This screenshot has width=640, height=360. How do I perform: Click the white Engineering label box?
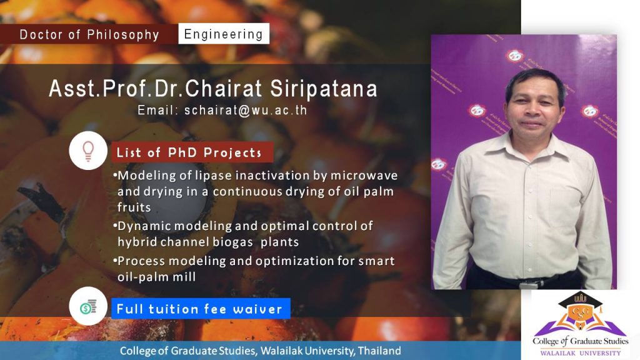pyautogui.click(x=224, y=34)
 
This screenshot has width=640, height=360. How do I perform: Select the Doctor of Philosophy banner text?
pyautogui.click(x=89, y=35)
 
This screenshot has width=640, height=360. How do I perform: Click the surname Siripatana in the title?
pyautogui.click(x=324, y=89)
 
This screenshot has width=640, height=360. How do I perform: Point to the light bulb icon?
pyautogui.click(x=88, y=151)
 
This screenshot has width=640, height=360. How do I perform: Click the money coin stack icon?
pyautogui.click(x=88, y=306)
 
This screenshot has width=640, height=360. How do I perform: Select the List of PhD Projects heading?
pyautogui.click(x=189, y=152)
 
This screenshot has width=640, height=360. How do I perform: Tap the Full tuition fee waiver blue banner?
pyautogui.click(x=201, y=309)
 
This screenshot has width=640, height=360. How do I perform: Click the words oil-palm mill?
pyautogui.click(x=157, y=277)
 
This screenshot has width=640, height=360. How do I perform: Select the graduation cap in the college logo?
pyautogui.click(x=580, y=301)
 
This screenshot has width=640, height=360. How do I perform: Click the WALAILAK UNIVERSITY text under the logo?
pyautogui.click(x=581, y=353)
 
